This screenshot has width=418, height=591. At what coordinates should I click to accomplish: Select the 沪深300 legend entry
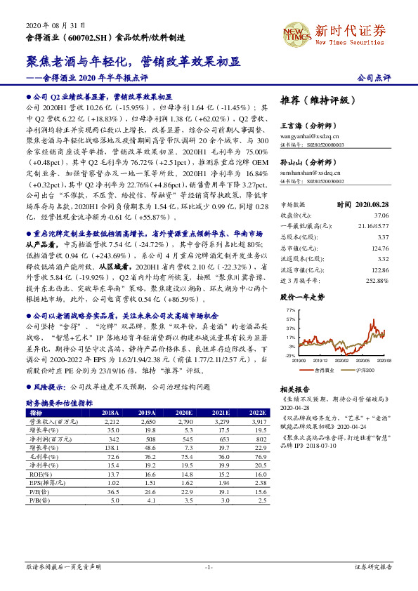click(x=364, y=368)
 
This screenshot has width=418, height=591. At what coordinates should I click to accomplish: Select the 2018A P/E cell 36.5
click(x=111, y=491)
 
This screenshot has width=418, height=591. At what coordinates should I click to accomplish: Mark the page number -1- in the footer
click(x=209, y=566)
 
